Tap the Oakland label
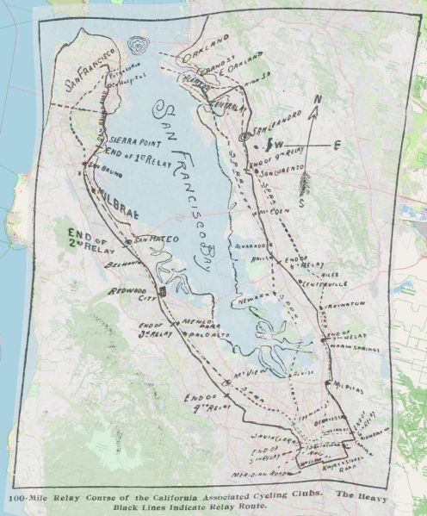click(207, 43)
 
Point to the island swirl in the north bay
click(138, 47)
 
